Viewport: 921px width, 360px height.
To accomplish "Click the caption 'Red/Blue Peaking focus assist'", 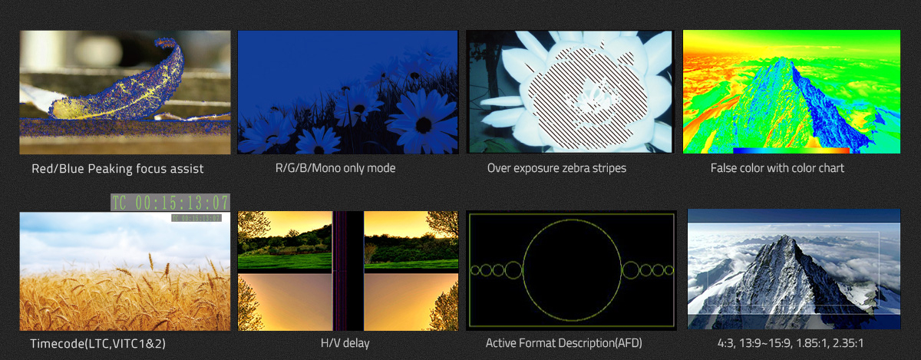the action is pyautogui.click(x=117, y=169).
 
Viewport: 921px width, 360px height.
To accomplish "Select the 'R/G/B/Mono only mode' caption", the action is pyautogui.click(x=335, y=168).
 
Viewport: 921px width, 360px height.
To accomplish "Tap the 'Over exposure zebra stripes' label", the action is pyautogui.click(x=556, y=168).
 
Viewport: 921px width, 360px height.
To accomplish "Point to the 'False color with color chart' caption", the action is pyautogui.click(x=777, y=168).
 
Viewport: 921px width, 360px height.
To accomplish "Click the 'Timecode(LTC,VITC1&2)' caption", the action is pyautogui.click(x=98, y=344).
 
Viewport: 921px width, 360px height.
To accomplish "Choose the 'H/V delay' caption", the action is pyautogui.click(x=345, y=343).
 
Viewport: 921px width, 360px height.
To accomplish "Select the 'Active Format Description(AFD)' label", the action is pyautogui.click(x=563, y=343).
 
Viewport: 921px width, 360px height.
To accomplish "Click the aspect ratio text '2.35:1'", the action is pyautogui.click(x=848, y=343).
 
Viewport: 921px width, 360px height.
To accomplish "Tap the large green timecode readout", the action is pyautogui.click(x=170, y=203).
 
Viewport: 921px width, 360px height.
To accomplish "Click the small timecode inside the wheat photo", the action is pyautogui.click(x=196, y=218).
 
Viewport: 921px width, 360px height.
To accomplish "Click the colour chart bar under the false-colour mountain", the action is pyautogui.click(x=791, y=150).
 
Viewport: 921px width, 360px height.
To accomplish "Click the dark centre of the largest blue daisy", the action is pyautogui.click(x=424, y=125).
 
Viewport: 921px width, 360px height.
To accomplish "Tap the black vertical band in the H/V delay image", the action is pyautogui.click(x=348, y=271).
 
